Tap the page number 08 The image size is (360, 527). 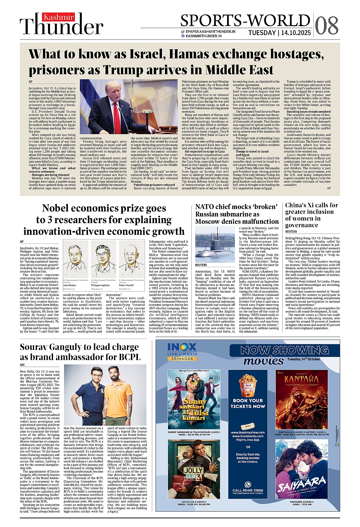pyautogui.click(x=327, y=25)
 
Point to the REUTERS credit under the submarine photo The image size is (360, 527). pyautogui.click(x=201, y=265)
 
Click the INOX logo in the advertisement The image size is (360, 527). pyautogui.click(x=182, y=348)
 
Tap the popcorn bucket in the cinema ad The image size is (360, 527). pyautogui.click(x=248, y=384)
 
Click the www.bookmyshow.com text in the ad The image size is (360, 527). pyautogui.click(x=248, y=432)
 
